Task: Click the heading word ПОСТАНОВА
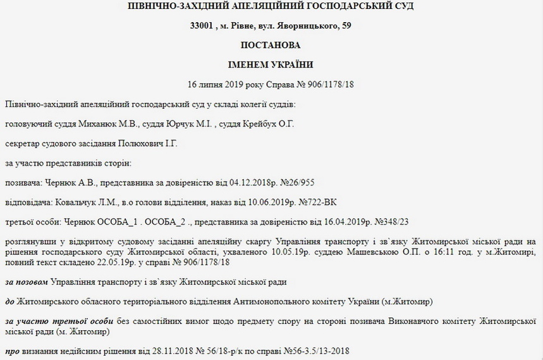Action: pos(271,46)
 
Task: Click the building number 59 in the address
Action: pos(347,26)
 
